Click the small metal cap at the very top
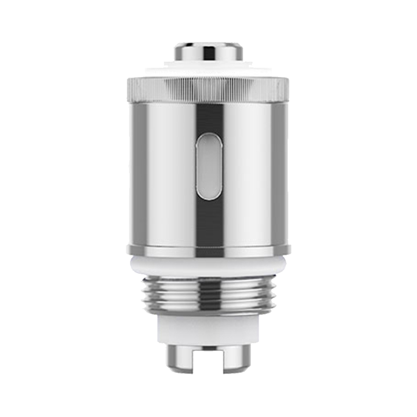(x=208, y=51)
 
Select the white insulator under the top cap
(x=208, y=68)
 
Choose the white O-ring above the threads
(x=208, y=266)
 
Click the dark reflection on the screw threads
(x=208, y=295)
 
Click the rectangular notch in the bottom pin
(x=208, y=357)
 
